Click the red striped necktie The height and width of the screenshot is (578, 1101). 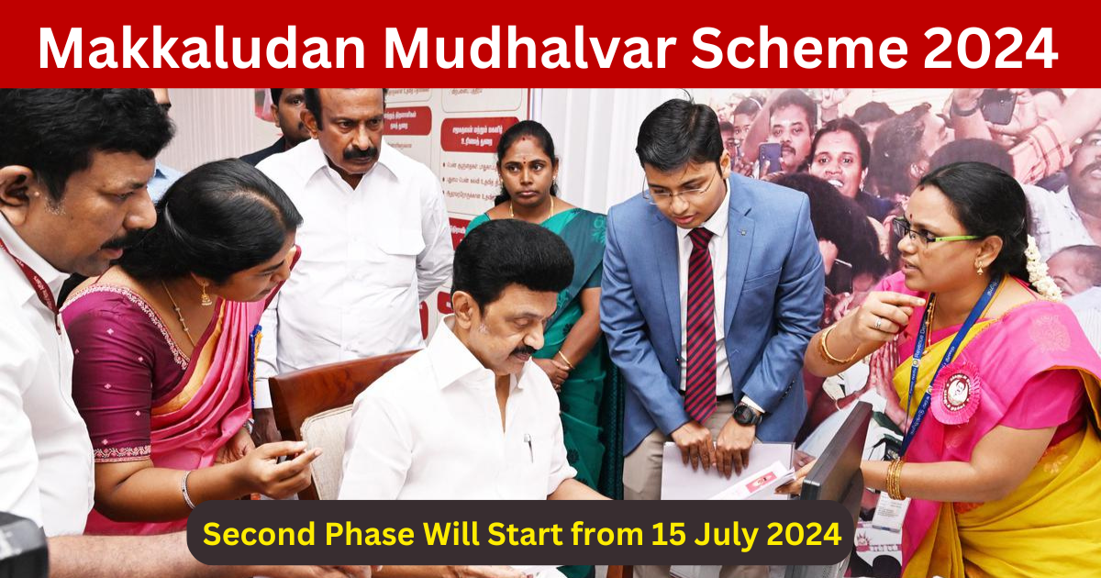pyautogui.click(x=701, y=321)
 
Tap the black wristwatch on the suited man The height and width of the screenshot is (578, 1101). pyautogui.click(x=746, y=414)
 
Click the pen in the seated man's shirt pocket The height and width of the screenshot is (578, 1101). pyautogui.click(x=529, y=447)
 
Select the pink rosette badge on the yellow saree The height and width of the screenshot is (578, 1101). pyautogui.click(x=955, y=393)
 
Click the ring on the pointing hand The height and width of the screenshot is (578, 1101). pyautogui.click(x=877, y=322)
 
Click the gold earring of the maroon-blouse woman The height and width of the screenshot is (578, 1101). pyautogui.click(x=205, y=295)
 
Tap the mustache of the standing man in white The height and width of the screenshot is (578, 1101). pyautogui.click(x=360, y=154)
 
